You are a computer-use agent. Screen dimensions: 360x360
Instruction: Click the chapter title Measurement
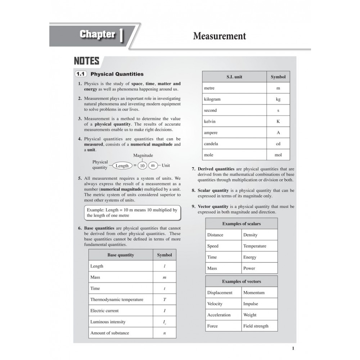219,36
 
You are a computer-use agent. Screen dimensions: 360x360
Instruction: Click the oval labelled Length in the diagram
122,166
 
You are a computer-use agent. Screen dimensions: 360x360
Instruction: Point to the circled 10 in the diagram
142,166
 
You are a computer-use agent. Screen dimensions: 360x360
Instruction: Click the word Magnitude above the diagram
143,156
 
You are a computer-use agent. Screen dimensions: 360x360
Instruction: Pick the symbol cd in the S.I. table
278,144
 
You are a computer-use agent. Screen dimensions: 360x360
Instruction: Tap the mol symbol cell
278,155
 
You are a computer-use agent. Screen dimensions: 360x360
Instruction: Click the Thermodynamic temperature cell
117,300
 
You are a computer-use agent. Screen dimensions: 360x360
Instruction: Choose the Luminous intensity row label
108,322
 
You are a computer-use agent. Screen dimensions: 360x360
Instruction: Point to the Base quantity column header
121,255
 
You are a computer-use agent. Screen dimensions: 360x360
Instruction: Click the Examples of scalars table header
241,224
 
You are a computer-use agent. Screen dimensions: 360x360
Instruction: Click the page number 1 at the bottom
293,348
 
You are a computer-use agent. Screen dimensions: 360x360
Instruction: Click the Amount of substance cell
109,333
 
